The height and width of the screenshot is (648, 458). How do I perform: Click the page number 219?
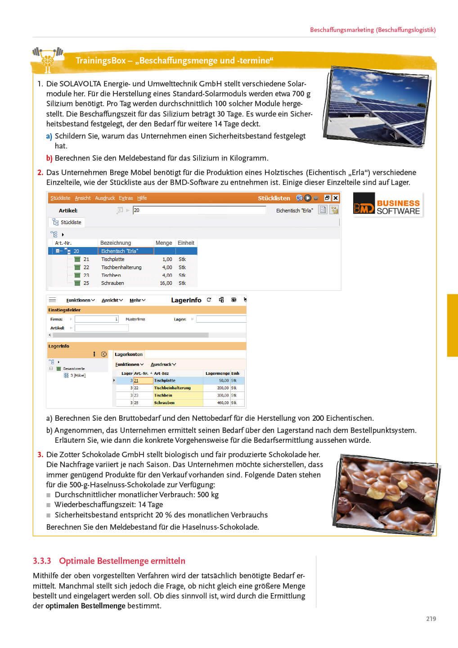coord(431,619)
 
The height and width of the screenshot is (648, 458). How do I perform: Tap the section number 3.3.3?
coord(42,561)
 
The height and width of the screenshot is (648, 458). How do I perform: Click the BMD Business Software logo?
coord(388,205)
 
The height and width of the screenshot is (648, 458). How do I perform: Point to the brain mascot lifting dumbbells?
coord(47,58)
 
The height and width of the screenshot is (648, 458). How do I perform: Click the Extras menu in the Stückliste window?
coord(126,198)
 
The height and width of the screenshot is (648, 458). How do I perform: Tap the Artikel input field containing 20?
coord(199,210)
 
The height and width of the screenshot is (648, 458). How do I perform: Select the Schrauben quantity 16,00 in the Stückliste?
coord(166,283)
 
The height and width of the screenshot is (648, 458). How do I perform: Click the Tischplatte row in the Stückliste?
coord(113,259)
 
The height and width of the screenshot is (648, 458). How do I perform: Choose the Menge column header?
coord(164,243)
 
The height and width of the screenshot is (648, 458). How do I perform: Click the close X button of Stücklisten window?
coord(336,198)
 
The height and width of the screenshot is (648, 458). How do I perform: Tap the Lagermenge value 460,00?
coord(223,403)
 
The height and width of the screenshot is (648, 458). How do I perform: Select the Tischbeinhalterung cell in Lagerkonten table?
coord(172,388)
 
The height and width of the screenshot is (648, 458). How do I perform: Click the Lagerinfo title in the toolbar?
coord(186,300)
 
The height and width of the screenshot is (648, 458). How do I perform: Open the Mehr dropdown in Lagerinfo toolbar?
coord(137,300)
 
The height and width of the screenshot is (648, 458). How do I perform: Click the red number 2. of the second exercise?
coord(40,172)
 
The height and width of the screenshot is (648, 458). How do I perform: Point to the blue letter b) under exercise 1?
coord(49,158)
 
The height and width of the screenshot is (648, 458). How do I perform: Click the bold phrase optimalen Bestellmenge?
coord(85,606)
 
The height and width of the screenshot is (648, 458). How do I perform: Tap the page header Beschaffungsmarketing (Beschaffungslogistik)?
coord(373,30)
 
